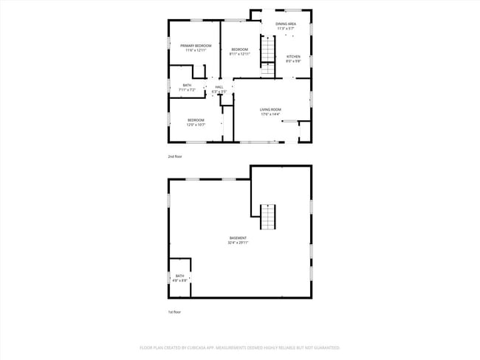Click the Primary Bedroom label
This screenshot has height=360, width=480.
(196, 46)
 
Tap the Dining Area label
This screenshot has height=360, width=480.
(286, 24)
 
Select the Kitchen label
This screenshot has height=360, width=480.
(293, 57)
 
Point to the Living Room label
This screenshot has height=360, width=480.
(271, 110)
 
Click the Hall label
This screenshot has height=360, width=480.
(219, 87)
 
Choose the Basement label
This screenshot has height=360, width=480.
(238, 238)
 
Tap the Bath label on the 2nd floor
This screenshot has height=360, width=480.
(187, 85)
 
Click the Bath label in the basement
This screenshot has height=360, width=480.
(180, 276)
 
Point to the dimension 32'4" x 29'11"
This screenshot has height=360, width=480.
(238, 243)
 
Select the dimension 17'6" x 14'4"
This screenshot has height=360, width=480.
(271, 114)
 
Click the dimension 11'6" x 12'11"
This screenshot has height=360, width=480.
(196, 50)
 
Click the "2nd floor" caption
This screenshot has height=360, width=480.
(174, 157)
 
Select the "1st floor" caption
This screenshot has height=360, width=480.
(174, 312)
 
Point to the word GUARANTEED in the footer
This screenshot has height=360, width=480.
(325, 347)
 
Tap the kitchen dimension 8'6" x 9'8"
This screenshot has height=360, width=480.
(293, 61)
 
